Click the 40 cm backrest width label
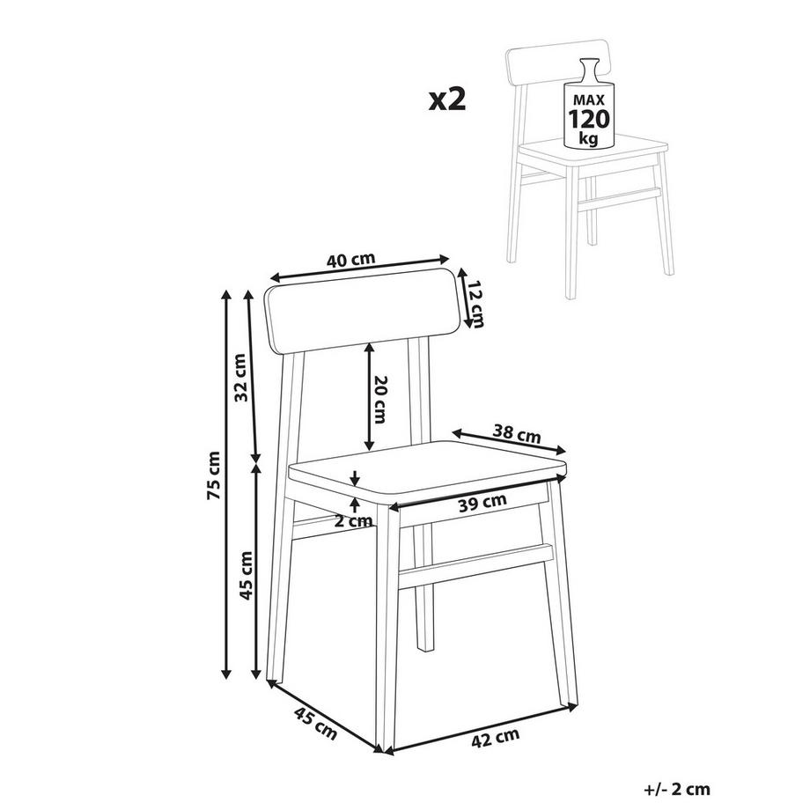pyautogui.click(x=350, y=260)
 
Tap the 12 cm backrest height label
pyautogui.click(x=475, y=305)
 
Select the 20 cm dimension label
pyautogui.click(x=379, y=399)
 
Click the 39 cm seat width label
pyautogui.click(x=482, y=502)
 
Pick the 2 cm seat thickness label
pyautogui.click(x=353, y=520)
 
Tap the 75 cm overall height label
pyautogui.click(x=213, y=475)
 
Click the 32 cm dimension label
pyautogui.click(x=240, y=378)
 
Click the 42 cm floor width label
pyautogui.click(x=495, y=736)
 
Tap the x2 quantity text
pyautogui.click(x=447, y=99)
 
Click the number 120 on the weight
pyautogui.click(x=589, y=119)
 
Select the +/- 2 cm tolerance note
pyautogui.click(x=677, y=790)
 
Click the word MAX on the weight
pyautogui.click(x=589, y=99)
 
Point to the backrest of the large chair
pyautogui.click(x=363, y=312)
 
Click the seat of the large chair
pyautogui.click(x=427, y=472)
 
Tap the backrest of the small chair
pyautogui.click(x=556, y=63)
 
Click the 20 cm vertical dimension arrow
pyautogui.click(x=369, y=396)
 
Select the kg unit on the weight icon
pyautogui.click(x=589, y=139)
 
